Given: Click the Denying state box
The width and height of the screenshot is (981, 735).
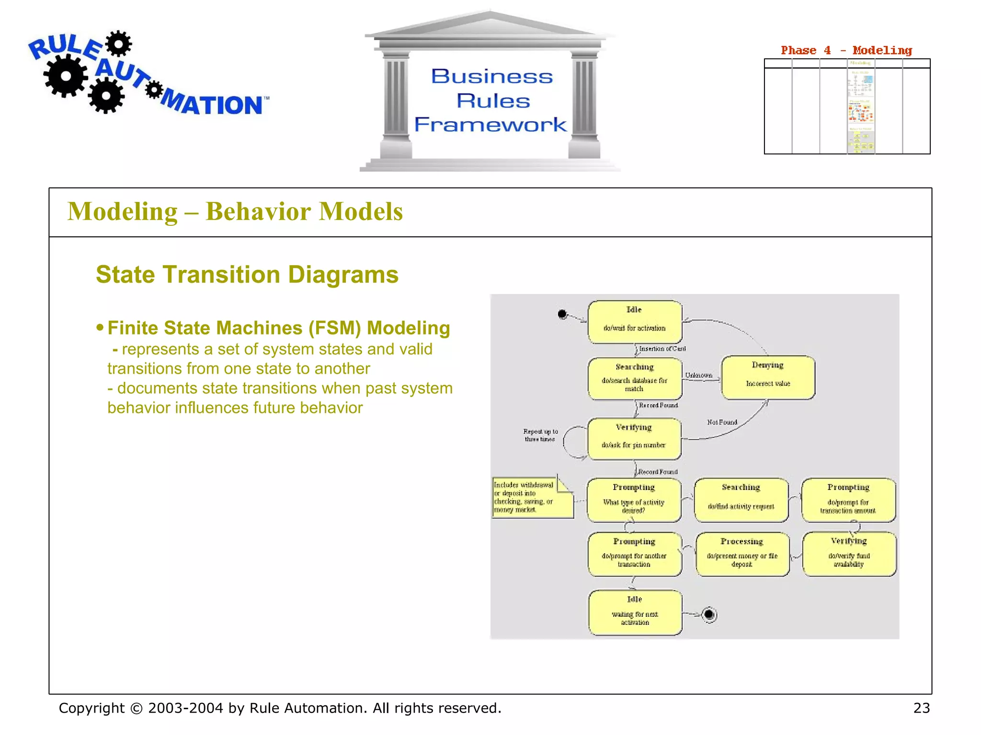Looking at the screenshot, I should click(768, 378).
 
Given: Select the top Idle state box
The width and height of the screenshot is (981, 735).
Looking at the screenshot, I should click(634, 322).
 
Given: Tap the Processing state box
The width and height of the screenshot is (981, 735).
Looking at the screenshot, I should click(742, 554).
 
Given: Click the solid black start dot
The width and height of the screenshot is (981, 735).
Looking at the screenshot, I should click(562, 314).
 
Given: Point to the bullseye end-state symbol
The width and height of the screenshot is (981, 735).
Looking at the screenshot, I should click(709, 615).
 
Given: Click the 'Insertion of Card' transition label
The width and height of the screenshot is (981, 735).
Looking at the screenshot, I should click(662, 349).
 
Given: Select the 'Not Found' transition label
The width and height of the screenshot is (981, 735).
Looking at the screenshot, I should click(722, 422).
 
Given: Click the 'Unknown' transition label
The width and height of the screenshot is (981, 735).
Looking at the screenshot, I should click(698, 375).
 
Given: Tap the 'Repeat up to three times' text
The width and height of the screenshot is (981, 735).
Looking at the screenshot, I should click(540, 435).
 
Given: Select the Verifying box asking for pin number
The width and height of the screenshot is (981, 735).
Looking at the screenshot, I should click(634, 439).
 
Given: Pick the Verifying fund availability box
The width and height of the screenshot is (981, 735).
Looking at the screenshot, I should click(849, 554).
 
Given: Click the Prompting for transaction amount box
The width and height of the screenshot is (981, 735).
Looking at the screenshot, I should click(848, 500).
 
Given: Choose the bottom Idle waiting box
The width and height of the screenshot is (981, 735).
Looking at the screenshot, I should click(635, 613).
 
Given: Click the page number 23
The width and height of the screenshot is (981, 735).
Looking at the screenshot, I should click(921, 708).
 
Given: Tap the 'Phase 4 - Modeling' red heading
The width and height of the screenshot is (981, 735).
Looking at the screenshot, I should click(846, 50).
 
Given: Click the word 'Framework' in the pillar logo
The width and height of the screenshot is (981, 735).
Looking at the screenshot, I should click(490, 124).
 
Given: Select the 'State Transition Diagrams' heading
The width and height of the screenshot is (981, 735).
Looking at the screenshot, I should click(247, 275).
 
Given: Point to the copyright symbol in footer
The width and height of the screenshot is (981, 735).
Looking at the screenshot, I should click(137, 708).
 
